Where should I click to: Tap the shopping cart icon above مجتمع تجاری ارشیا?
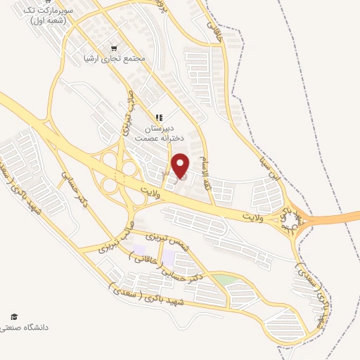click(114, 48)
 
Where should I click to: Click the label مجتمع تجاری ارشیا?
click(113, 58)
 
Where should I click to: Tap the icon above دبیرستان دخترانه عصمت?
click(160, 117)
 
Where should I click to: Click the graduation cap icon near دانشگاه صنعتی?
click(12, 317)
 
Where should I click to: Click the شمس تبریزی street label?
click(167, 245)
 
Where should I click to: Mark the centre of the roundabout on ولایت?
click(290, 224)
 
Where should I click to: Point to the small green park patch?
click(226, 280)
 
